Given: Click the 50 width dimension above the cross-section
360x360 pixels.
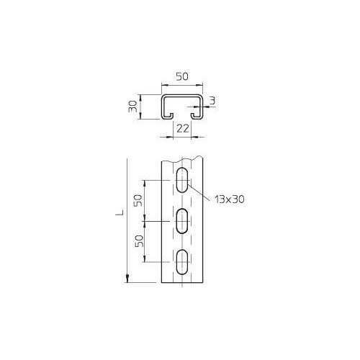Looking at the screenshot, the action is [182, 76].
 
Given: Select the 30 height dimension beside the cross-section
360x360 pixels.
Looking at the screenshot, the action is [132, 107].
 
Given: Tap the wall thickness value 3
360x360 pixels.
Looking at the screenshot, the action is [212, 101].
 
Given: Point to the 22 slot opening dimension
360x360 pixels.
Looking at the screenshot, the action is [183, 129].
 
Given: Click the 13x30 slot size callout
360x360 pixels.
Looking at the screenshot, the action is [230, 199].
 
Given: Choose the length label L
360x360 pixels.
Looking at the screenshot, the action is [120, 212].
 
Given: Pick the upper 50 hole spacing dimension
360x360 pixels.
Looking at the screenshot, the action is [138, 200].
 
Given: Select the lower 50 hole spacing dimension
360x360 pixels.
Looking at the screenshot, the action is [139, 241].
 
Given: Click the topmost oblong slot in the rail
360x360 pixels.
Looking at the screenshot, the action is [182, 180].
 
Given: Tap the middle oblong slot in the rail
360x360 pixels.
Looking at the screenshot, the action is [182, 221].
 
